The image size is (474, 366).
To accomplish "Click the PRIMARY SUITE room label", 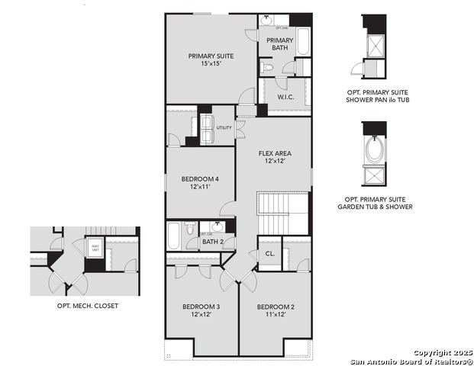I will tap(211, 60).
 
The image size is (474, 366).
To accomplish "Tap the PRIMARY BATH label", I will tap(279, 44).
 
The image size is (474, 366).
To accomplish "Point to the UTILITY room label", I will tap(224, 128).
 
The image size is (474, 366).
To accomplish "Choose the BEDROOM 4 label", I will tap(195, 182).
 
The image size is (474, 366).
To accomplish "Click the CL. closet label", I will tap(270, 254).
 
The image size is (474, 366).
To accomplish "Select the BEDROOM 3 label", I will tap(201, 310).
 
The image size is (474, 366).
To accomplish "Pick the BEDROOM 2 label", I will tap(276, 310).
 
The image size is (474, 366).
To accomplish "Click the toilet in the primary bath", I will tap(267, 68).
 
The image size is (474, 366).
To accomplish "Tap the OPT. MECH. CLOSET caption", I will tap(87, 306).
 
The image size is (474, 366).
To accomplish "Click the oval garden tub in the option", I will tap(375, 150).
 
